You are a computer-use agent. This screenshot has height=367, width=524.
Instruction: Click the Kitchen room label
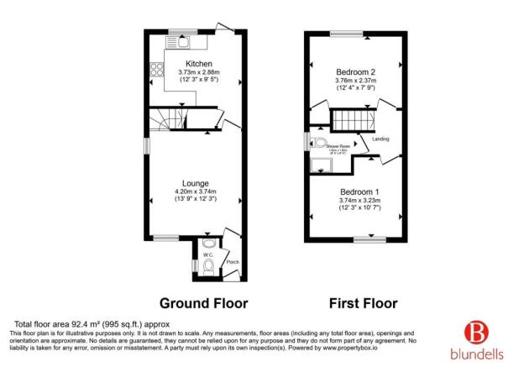coord(198,64)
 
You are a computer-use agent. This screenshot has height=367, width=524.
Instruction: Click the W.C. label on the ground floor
coord(208,252)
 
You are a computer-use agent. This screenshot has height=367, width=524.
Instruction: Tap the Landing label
coord(380,139)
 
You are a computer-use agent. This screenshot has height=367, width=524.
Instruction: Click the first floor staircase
coord(347,120)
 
